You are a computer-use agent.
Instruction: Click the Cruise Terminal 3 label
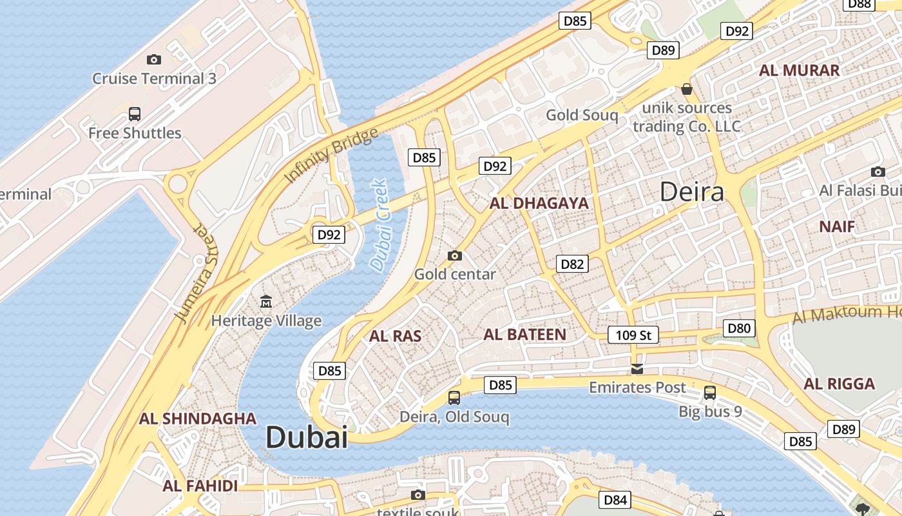[154, 79]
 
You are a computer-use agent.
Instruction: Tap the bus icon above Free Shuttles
[135, 114]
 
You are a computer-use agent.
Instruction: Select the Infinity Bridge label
[331, 155]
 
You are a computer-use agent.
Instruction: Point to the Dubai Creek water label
[379, 225]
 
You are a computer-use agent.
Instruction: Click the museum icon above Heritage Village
[265, 301]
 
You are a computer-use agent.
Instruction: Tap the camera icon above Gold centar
[455, 255]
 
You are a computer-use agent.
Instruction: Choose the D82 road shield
[572, 263]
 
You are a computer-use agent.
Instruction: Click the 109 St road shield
[633, 335]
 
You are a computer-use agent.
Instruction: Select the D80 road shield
[739, 328]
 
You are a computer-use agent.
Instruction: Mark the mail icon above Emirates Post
[637, 369]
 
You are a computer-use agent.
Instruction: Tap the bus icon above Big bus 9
[710, 392]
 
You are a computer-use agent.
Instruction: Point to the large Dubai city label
[307, 437]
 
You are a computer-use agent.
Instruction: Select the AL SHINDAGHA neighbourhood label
[198, 419]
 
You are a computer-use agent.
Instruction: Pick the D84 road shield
[615, 499]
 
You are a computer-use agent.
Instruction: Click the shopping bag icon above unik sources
[687, 89]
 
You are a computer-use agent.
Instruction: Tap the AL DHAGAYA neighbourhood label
[539, 203]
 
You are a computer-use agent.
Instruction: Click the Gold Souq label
[582, 115]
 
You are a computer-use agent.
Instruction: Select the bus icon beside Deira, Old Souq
[454, 398]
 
